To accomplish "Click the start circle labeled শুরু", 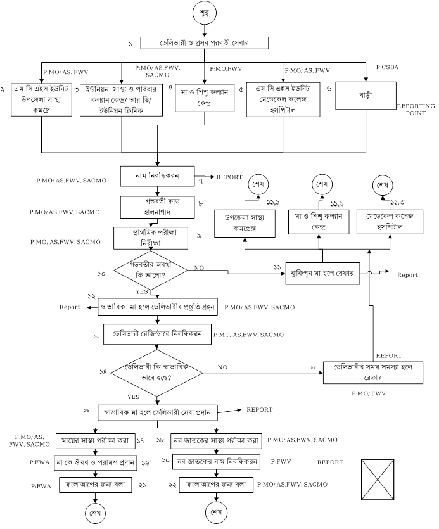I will (205, 13).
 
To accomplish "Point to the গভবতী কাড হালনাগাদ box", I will (156, 205).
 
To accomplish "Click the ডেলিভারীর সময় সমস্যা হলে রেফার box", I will (372, 372).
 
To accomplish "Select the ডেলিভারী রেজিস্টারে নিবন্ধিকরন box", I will (157, 333).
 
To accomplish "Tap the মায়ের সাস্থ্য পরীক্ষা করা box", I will (96, 440).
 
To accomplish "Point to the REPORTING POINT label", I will (416, 111).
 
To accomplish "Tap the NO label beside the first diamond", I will (199, 268).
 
